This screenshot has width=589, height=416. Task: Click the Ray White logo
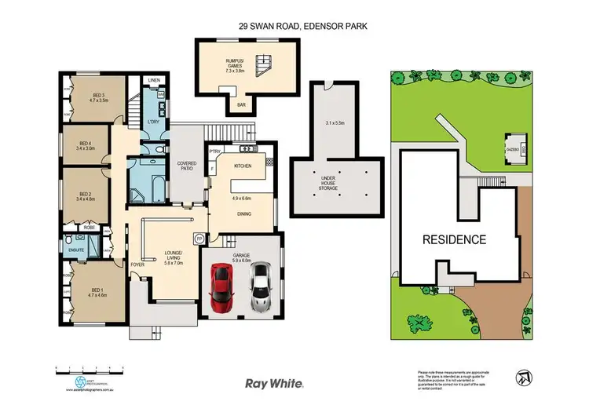pyautogui.click(x=274, y=383)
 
